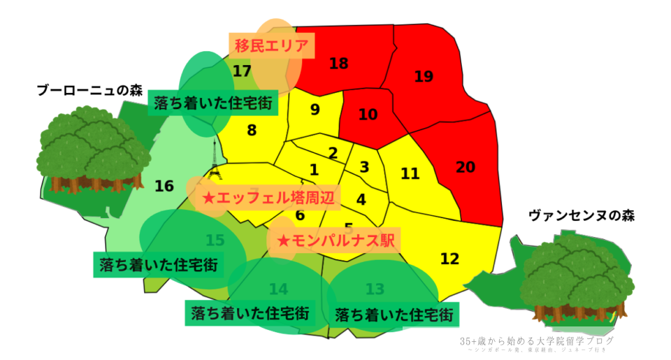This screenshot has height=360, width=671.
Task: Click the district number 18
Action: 338,64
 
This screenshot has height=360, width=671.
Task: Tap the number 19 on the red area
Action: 424,76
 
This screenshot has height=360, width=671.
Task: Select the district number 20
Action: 465,167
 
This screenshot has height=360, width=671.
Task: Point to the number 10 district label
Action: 368,114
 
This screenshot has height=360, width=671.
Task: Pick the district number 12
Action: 450,259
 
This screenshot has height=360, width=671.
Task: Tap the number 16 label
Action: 164,186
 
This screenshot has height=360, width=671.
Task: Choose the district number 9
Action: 315,109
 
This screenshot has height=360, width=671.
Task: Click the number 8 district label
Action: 252,130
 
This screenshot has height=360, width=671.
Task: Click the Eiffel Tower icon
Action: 214,160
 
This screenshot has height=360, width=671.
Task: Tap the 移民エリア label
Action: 271,46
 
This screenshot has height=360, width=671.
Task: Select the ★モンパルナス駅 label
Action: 336,240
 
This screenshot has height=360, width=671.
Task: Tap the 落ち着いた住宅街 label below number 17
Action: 213,104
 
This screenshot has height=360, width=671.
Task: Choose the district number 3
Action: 364,167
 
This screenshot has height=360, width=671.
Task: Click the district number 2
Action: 333,153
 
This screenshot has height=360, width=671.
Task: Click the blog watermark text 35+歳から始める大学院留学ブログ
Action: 537,341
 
